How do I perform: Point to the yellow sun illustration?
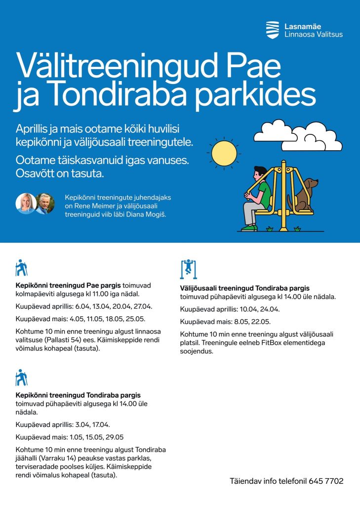224,153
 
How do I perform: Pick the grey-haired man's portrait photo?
45,204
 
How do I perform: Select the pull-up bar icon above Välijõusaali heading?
188,269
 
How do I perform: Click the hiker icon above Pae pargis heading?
21,267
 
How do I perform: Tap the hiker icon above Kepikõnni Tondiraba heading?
21,378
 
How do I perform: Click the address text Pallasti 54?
64,339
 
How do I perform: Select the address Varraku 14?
58,458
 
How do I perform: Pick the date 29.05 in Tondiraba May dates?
114,437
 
